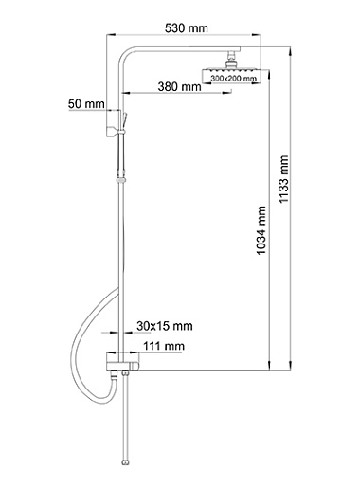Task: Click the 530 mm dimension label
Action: click(187, 28)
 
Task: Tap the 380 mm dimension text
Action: click(179, 86)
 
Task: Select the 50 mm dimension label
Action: click(86, 103)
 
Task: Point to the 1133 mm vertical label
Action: click(284, 179)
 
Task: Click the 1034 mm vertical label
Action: click(261, 230)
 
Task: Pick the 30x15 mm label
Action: click(165, 326)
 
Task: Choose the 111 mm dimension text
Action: click(164, 346)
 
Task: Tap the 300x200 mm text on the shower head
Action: click(234, 79)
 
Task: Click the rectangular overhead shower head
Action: click(232, 76)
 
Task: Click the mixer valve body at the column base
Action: click(122, 362)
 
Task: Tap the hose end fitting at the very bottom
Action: click(125, 463)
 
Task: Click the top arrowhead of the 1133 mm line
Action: click(290, 50)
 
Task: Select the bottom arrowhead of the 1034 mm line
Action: click(269, 366)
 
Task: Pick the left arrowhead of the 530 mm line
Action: click(111, 35)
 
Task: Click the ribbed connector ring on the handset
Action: click(121, 180)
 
